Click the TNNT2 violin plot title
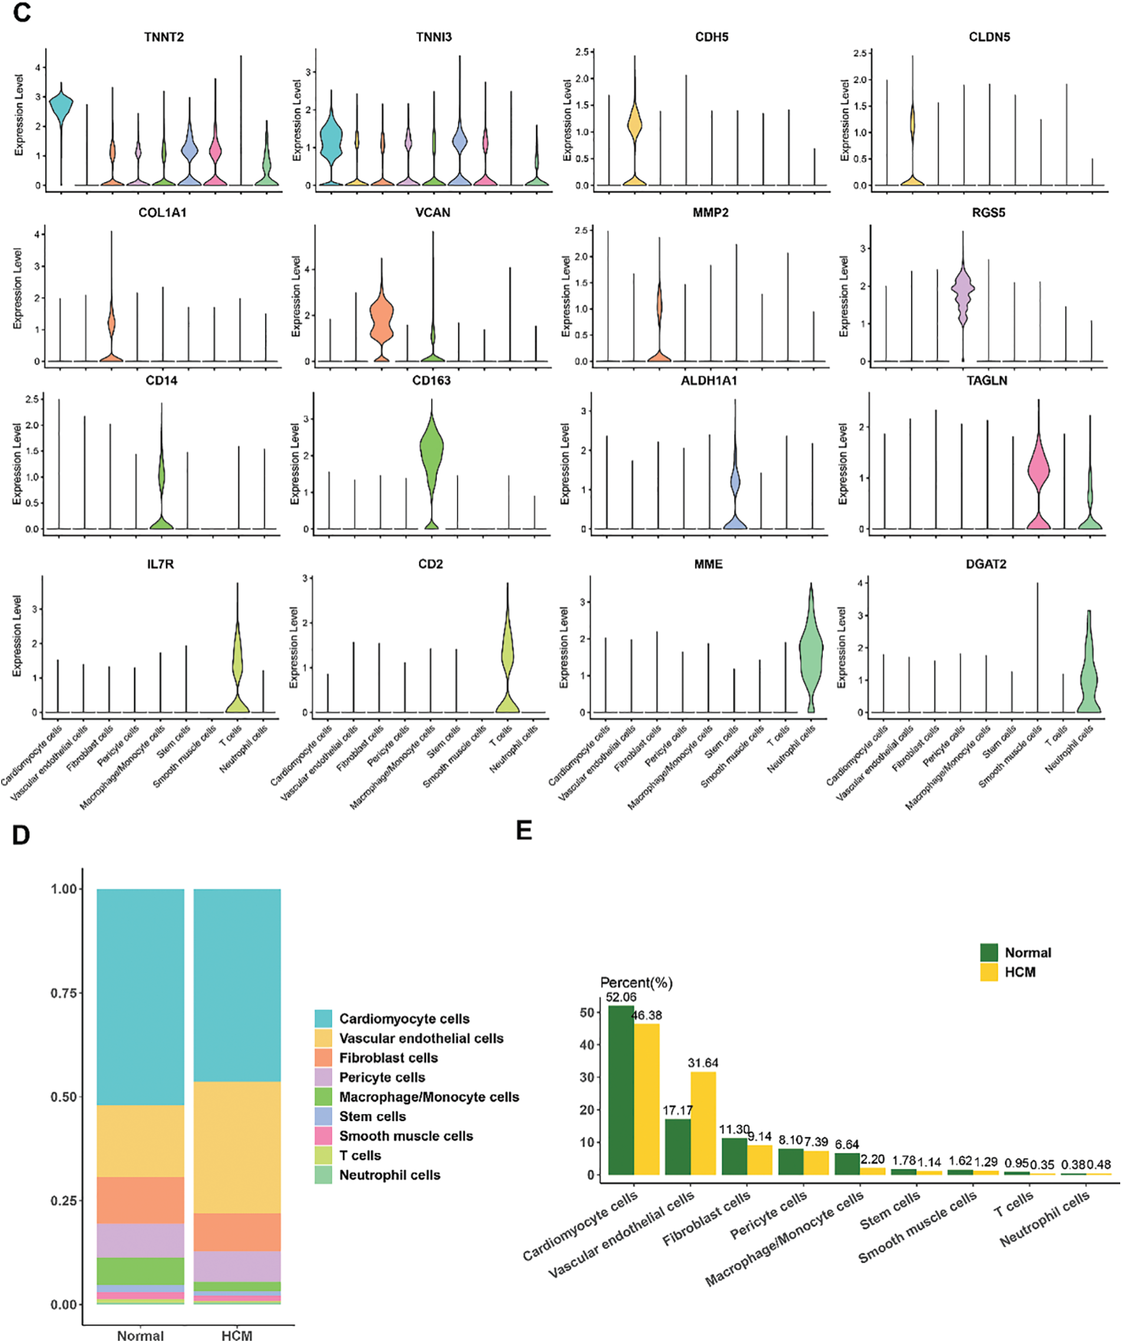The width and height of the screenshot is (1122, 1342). coord(164,37)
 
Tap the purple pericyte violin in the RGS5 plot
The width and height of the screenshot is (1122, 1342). coord(963,291)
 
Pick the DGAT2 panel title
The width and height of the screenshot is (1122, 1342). coord(986,564)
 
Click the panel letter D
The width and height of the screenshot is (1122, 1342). coord(21,836)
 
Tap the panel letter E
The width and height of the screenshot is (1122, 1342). coord(524,831)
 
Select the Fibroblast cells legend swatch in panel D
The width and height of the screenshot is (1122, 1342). coord(323,1057)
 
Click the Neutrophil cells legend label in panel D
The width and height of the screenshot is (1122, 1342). coord(390,1175)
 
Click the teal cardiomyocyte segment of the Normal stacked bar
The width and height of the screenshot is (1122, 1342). coord(141,997)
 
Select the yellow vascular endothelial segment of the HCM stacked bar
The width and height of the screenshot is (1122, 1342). coord(237,1147)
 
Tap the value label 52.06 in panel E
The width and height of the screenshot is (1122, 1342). coord(621,997)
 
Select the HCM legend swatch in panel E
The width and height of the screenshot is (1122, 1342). coord(989,972)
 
